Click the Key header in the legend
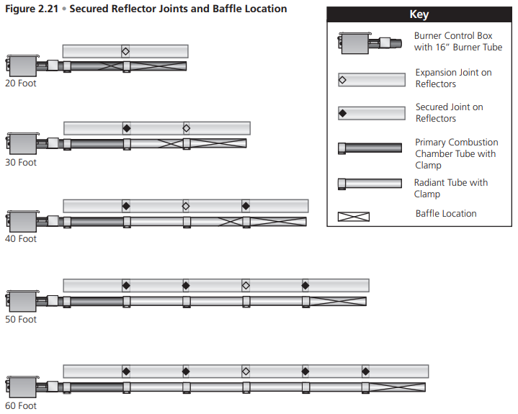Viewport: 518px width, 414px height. pos(419,15)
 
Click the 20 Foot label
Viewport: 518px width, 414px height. pos(21,84)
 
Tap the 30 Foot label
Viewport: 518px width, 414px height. pos(21,163)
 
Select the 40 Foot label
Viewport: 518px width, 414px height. pos(21,239)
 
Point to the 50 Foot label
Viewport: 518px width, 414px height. pos(21,320)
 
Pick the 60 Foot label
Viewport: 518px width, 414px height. pos(21,406)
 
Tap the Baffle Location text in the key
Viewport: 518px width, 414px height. pos(446,213)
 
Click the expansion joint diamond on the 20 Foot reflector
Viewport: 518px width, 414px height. pos(125,51)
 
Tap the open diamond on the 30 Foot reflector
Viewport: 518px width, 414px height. pos(187,128)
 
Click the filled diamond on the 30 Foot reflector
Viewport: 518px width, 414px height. pos(127,128)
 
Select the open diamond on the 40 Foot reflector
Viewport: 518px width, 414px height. pos(186,206)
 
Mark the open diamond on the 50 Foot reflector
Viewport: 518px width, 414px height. pos(246,285)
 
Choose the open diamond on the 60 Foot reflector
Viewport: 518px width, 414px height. pos(246,372)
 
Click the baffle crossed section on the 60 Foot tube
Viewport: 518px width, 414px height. pos(397,387)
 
